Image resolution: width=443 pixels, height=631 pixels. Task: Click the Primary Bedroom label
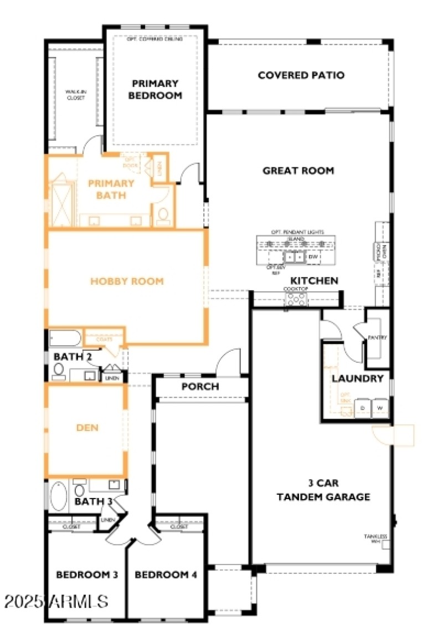(x=155, y=89)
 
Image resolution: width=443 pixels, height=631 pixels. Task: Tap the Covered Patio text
(x=301, y=75)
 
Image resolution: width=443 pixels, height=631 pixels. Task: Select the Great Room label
(x=298, y=171)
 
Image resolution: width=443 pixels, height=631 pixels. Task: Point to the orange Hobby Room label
(x=127, y=281)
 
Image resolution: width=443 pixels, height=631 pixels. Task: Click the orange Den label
(x=86, y=427)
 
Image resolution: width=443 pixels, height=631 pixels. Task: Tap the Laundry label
(x=357, y=379)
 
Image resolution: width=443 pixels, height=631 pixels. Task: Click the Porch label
(x=200, y=386)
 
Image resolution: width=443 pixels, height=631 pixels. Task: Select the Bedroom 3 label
(x=87, y=575)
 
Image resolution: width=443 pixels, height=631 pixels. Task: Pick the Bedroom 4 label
(x=166, y=575)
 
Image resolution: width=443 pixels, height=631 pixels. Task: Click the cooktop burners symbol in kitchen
(x=295, y=299)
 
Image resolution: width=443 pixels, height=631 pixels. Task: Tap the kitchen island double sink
(x=293, y=257)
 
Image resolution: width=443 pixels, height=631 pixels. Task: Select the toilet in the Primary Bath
(x=163, y=214)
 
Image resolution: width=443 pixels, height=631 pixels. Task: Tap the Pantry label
(x=377, y=337)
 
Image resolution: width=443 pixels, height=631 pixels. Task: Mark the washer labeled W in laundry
(x=380, y=408)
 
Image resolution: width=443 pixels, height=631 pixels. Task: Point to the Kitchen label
(x=314, y=281)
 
